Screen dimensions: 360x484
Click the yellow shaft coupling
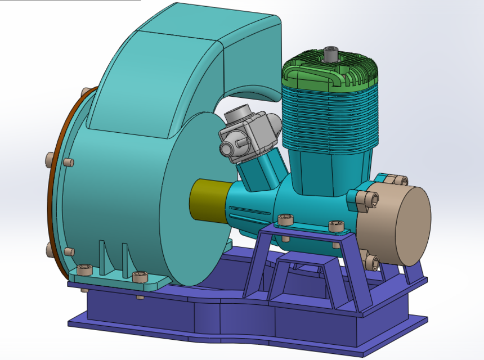207,200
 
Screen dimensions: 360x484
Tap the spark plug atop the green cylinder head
330,55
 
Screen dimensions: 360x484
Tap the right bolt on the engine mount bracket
336,226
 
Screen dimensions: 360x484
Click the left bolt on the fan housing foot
85,269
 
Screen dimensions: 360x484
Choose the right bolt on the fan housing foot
139,278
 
